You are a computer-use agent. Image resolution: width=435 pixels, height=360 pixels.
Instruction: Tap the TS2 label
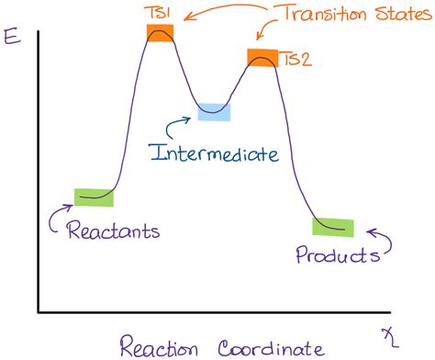coord(296,59)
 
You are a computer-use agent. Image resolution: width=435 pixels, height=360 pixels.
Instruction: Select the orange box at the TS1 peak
coord(160,33)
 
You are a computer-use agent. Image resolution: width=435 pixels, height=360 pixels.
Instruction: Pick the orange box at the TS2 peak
coord(262,57)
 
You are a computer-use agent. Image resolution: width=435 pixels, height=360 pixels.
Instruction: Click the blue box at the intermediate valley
coord(214,111)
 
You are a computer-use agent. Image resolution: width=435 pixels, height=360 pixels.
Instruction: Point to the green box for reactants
coord(94,196)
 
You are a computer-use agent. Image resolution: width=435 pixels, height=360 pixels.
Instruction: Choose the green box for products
coord(332,227)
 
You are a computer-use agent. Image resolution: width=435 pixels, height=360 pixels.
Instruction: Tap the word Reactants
coord(113,230)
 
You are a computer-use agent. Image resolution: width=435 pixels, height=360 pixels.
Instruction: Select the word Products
coord(337,254)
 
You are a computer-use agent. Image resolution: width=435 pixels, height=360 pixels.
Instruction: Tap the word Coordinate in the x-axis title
coord(271,346)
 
